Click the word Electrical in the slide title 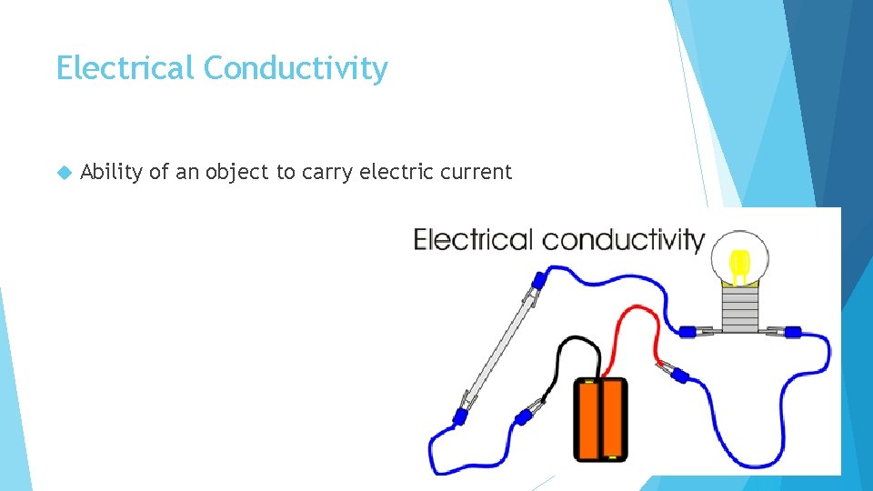[x=125, y=68]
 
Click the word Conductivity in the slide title [x=296, y=69]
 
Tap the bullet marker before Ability [x=63, y=172]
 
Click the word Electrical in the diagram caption [x=474, y=240]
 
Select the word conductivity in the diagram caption [x=623, y=240]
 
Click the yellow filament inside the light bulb [x=740, y=265]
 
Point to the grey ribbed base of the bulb [x=740, y=307]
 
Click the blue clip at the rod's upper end [x=538, y=279]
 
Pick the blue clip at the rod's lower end [x=461, y=416]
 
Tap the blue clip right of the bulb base [x=791, y=333]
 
